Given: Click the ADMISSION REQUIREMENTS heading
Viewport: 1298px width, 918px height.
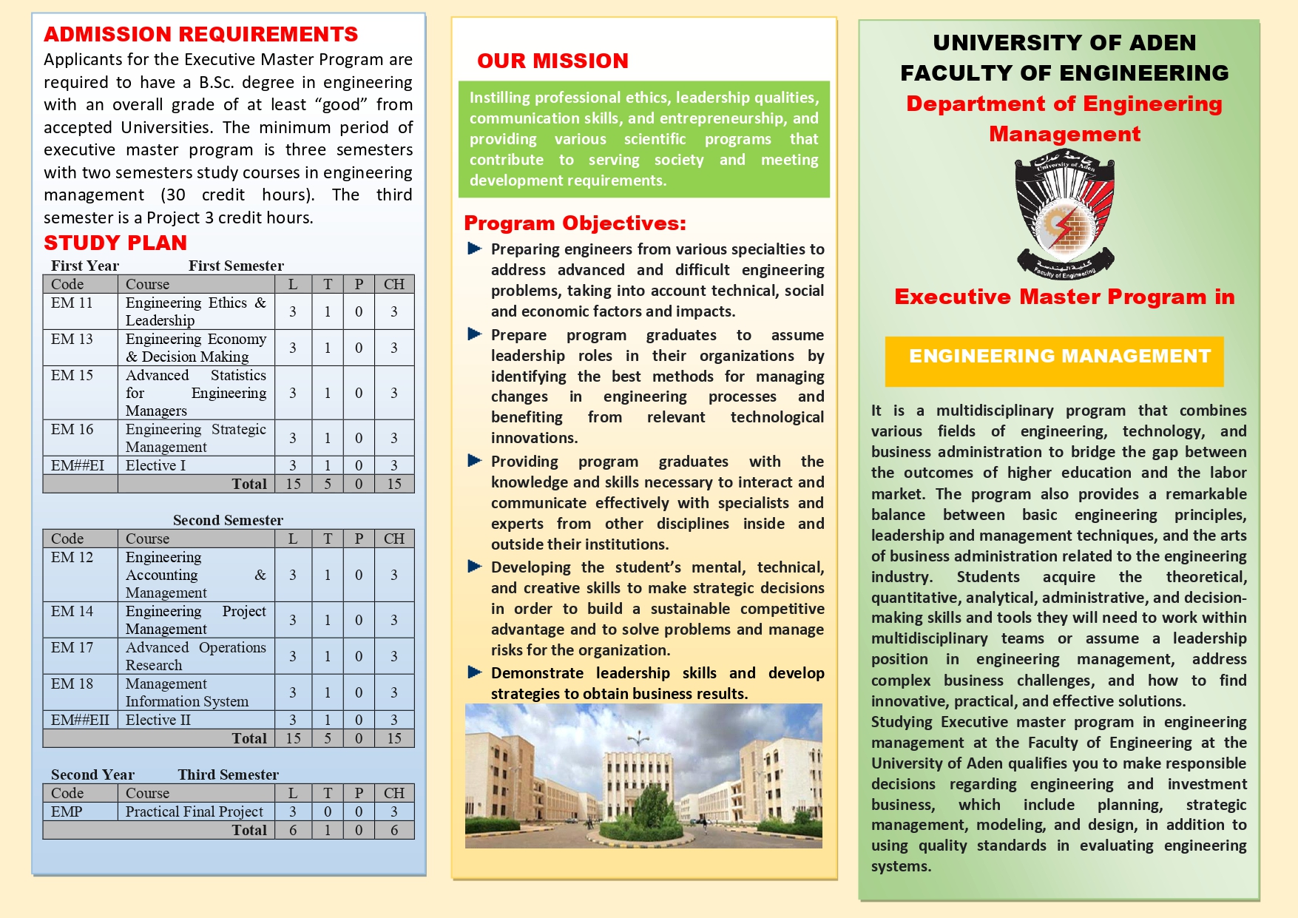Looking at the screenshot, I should tap(200, 35).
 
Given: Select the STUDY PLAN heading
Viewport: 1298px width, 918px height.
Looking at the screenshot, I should tap(115, 243).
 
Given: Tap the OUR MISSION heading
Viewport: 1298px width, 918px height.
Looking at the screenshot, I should tap(552, 61).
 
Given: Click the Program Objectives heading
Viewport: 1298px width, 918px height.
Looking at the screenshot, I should tap(575, 223).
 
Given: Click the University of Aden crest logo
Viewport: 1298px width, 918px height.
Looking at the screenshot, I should tap(1064, 215).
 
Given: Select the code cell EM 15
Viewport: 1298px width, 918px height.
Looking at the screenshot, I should tap(72, 376).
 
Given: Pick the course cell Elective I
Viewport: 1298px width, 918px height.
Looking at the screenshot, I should tap(156, 465).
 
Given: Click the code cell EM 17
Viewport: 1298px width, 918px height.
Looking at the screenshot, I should tap(72, 648).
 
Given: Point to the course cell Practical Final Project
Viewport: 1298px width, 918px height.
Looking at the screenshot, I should tap(194, 811).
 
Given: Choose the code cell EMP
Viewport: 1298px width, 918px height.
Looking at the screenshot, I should tap(67, 811).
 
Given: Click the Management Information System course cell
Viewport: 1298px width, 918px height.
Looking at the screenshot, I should tap(187, 692).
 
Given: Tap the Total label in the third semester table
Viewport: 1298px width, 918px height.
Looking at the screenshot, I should tap(249, 830).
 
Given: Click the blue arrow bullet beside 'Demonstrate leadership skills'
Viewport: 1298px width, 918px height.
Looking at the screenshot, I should tap(475, 672).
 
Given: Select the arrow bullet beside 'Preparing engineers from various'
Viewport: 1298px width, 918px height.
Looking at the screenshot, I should tap(475, 249).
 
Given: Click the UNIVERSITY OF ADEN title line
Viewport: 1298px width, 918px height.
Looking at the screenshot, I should tap(1064, 43).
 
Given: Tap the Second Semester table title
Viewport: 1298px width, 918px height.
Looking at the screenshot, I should tap(228, 520).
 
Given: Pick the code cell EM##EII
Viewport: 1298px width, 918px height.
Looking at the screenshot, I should tap(80, 720).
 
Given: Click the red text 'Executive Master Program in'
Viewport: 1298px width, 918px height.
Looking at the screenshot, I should tap(1064, 297).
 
